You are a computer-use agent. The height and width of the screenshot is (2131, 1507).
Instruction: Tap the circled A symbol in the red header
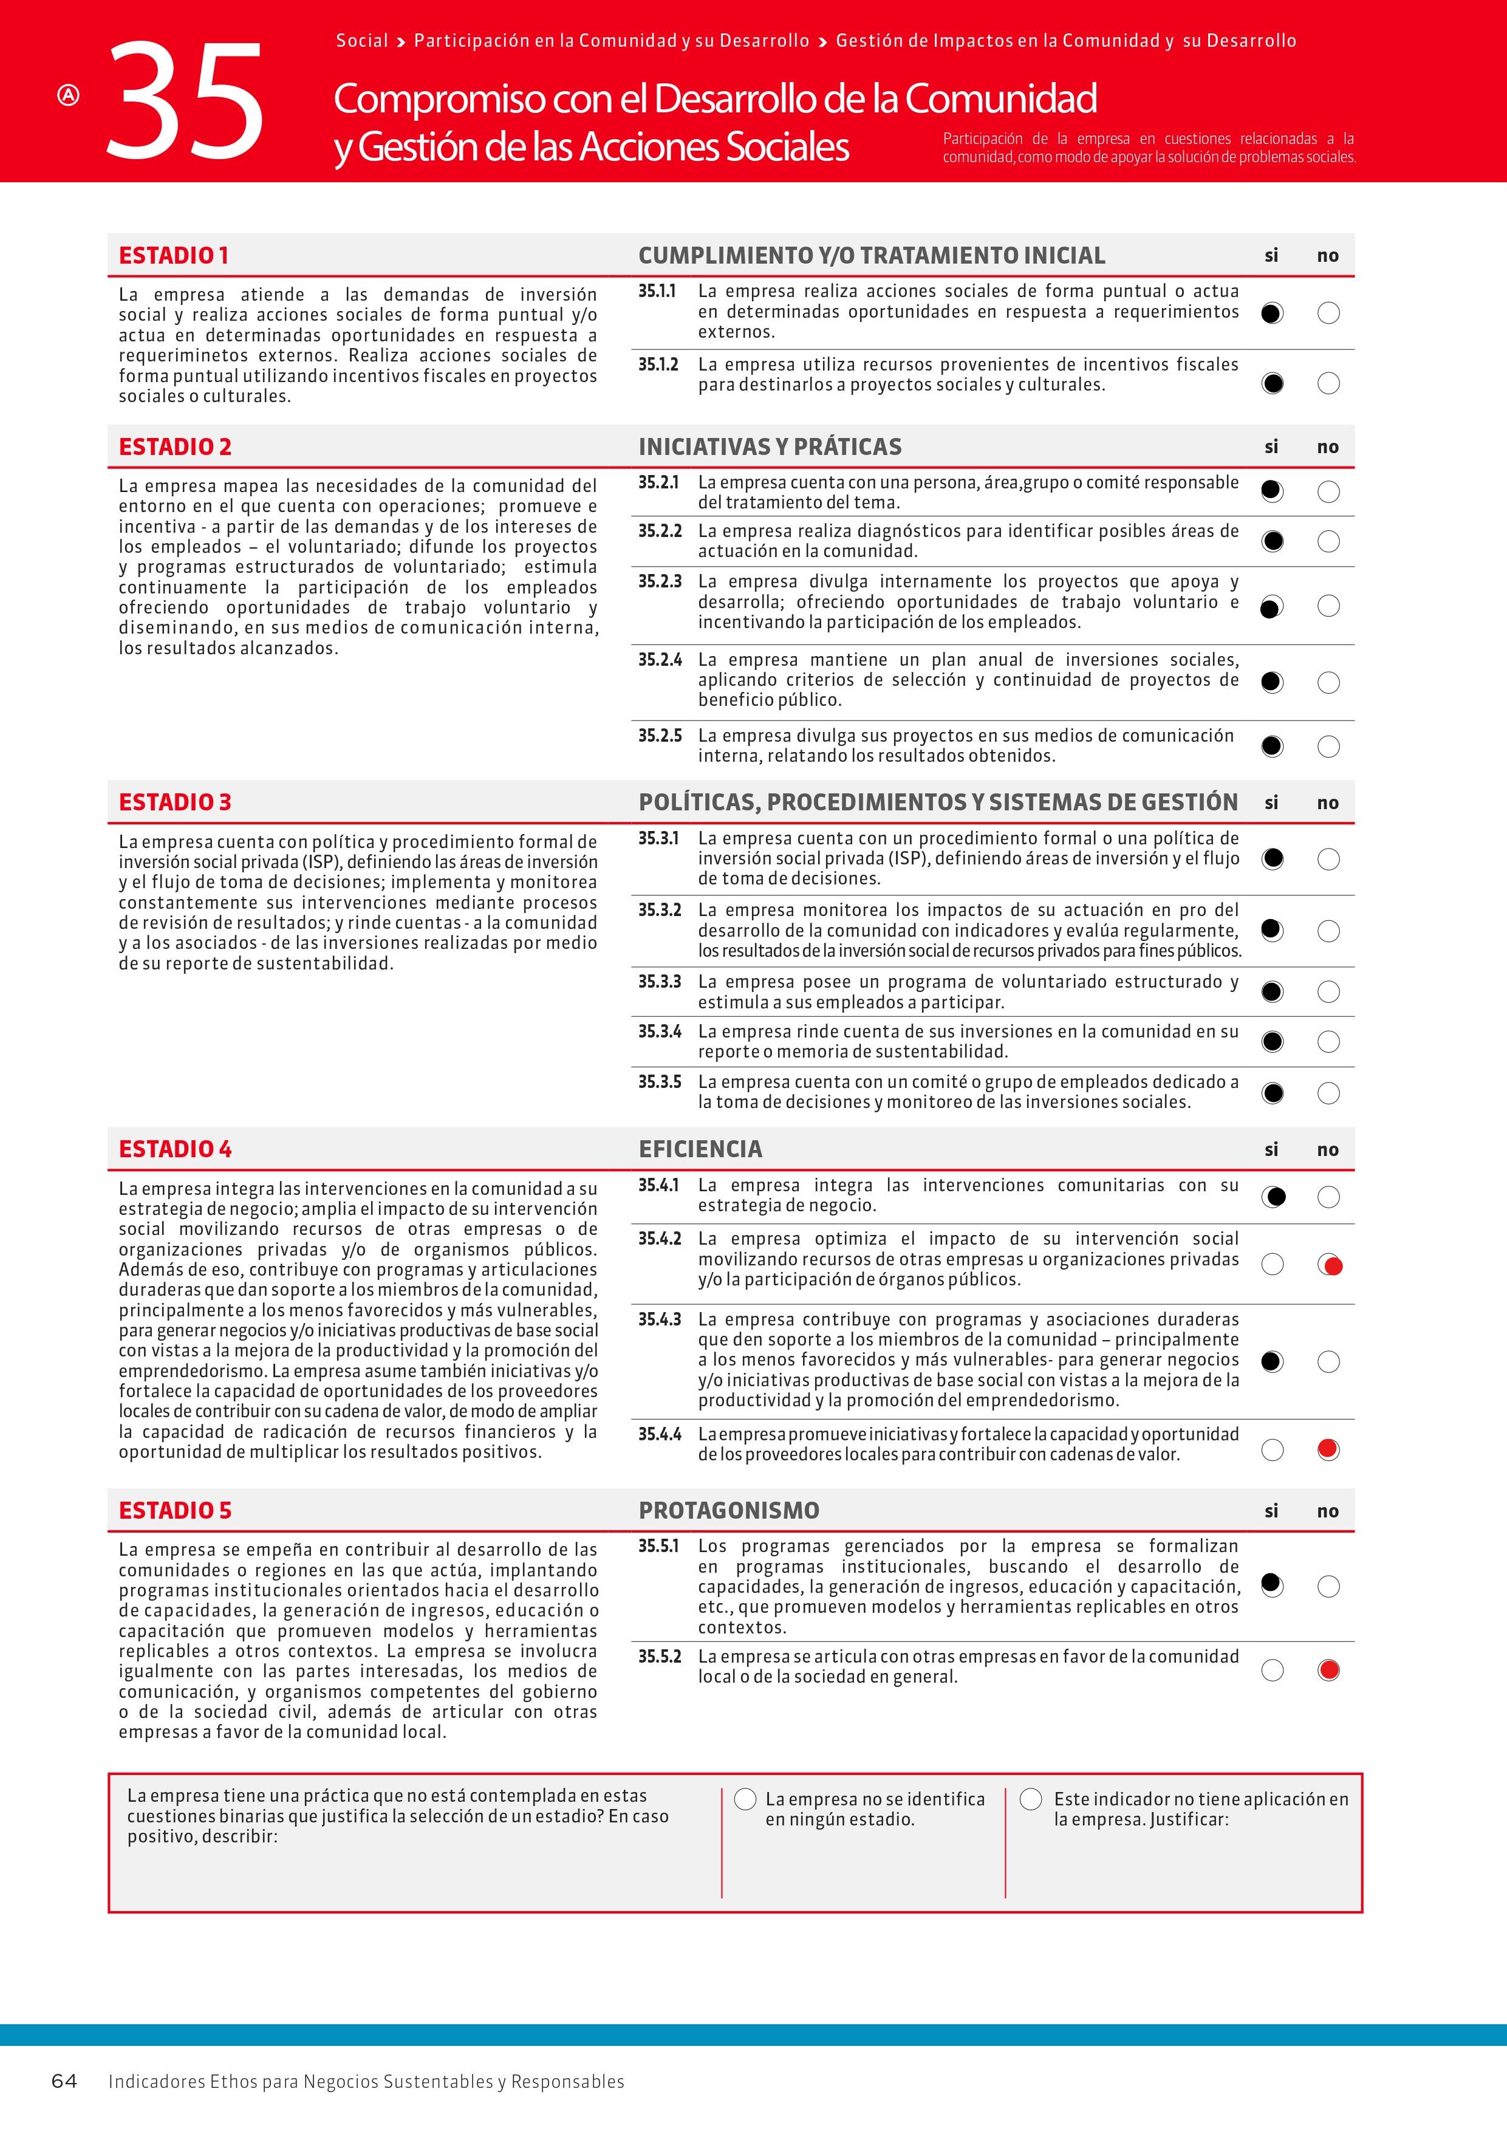point(69,95)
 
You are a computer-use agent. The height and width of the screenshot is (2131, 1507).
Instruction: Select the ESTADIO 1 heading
point(174,255)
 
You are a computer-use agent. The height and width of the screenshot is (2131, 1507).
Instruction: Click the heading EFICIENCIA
point(700,1149)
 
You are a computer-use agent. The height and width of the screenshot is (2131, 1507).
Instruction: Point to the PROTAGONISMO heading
point(728,1510)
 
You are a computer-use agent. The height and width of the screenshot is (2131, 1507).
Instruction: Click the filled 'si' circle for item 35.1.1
point(1272,313)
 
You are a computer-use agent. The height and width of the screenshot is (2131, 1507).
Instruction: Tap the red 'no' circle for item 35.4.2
point(1330,1264)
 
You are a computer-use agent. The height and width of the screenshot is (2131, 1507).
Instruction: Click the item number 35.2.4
point(659,660)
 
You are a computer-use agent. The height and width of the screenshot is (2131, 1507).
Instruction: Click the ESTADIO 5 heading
point(174,1510)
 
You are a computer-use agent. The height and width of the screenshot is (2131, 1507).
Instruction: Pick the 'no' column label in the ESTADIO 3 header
point(1327,803)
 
